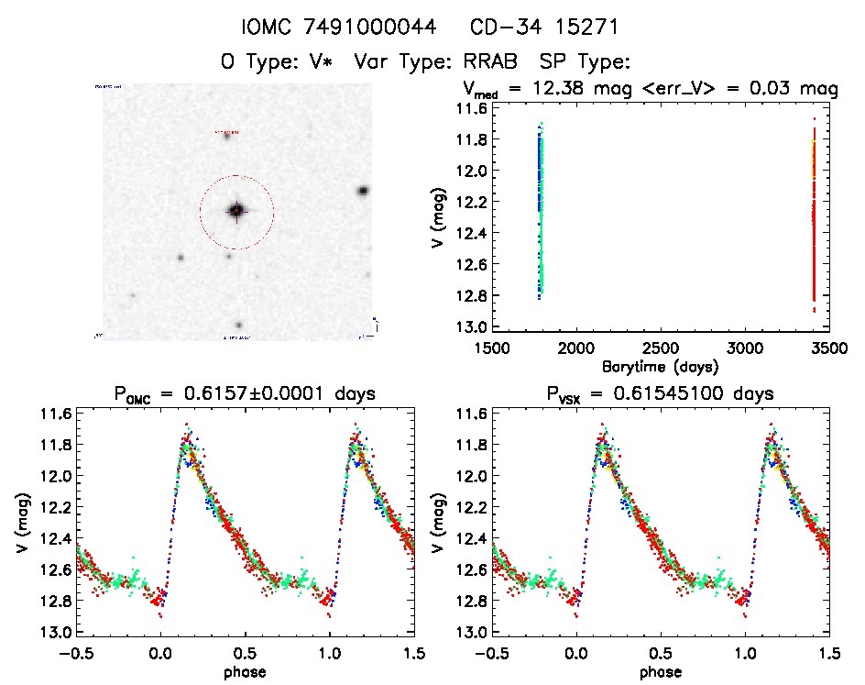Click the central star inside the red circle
point(236,210)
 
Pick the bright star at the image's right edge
point(363,191)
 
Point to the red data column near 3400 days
point(814,220)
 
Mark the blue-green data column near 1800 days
point(540,211)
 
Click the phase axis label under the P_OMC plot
point(243,672)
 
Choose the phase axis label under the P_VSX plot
point(659,672)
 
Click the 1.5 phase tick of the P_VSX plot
point(829,653)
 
